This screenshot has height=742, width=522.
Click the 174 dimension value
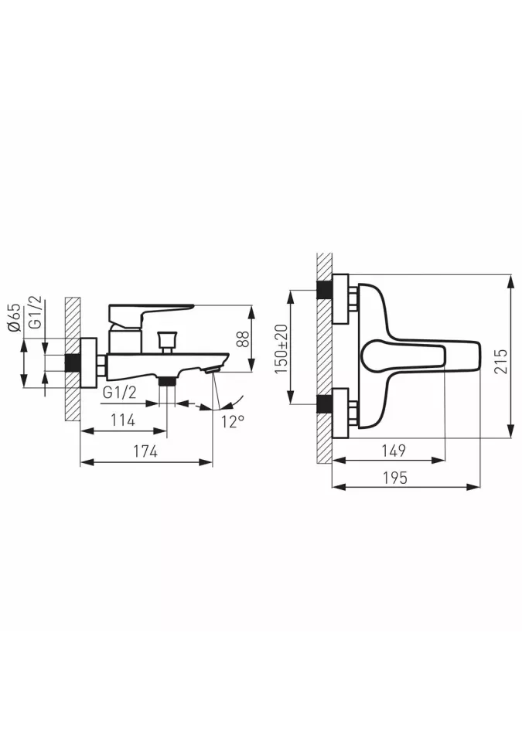click(145, 451)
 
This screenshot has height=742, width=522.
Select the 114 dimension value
click(123, 420)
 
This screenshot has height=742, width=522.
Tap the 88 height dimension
click(243, 338)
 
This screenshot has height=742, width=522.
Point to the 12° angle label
click(233, 420)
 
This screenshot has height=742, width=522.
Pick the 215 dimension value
click(500, 361)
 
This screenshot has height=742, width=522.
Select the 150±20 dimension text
click(281, 349)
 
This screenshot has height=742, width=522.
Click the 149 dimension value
click(393, 451)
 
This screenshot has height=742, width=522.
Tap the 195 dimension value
click(394, 478)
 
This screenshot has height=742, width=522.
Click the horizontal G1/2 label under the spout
click(119, 393)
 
